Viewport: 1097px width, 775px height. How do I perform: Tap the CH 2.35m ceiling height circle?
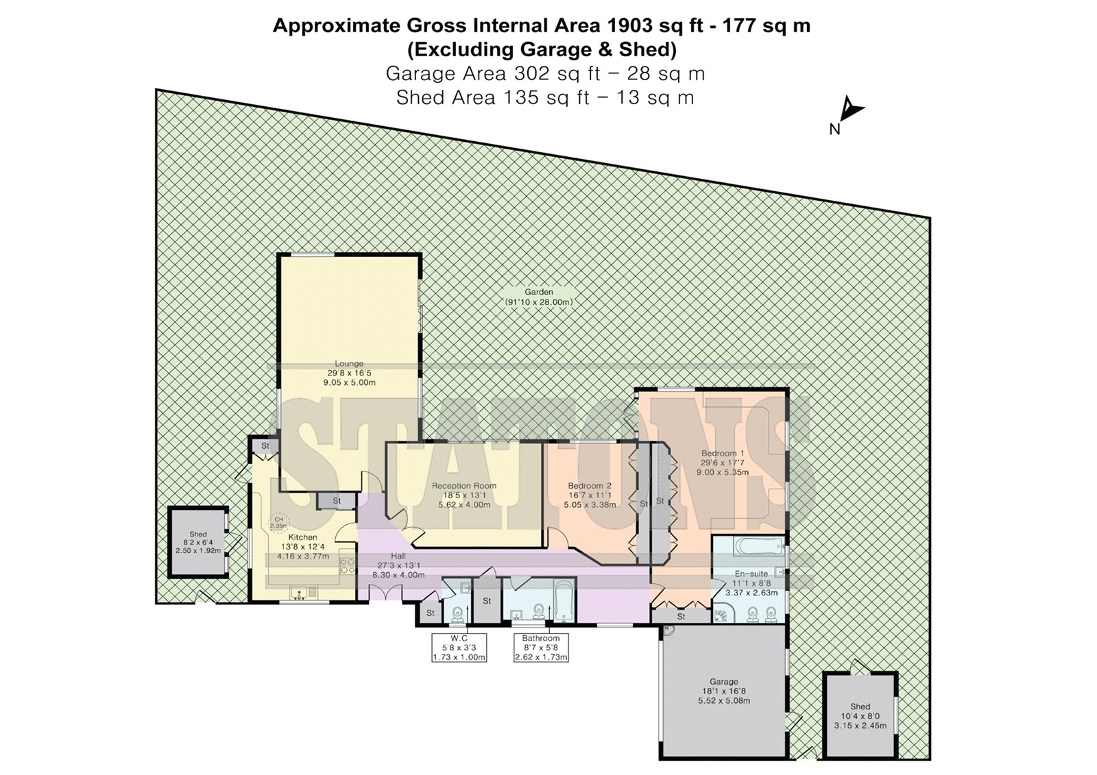coord(278,523)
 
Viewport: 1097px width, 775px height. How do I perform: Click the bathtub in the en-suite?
coord(758,546)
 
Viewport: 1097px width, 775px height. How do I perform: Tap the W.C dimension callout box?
coord(459,648)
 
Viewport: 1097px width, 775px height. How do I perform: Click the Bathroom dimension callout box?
coord(541,648)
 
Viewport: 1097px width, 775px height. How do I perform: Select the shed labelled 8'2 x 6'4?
coord(198,543)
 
